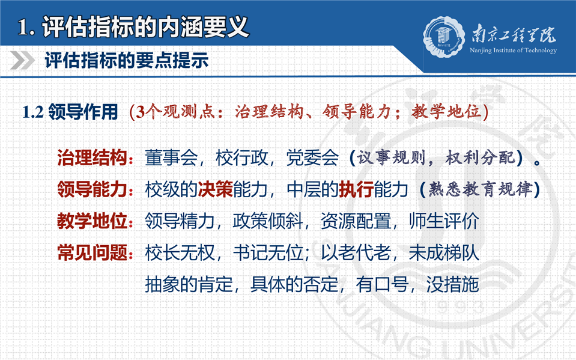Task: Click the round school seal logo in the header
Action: [x=444, y=37]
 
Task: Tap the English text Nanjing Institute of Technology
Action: [x=513, y=50]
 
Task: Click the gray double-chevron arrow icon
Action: [x=22, y=60]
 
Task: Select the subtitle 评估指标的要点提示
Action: [x=127, y=60]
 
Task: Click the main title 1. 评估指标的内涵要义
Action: [x=133, y=27]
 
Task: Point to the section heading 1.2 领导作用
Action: [x=70, y=112]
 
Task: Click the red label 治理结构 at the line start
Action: [x=92, y=157]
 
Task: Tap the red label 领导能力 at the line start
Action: [x=92, y=189]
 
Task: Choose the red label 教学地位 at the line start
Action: [x=92, y=221]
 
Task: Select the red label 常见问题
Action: [x=92, y=252]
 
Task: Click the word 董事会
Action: [x=171, y=157]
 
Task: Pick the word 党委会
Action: [x=312, y=157]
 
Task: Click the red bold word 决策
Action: [x=215, y=189]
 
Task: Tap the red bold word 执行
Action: [x=356, y=189]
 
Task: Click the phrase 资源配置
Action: [x=356, y=221]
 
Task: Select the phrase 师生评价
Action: [x=444, y=221]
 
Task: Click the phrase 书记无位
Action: [x=268, y=252]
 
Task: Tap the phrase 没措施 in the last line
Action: [x=453, y=284]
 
